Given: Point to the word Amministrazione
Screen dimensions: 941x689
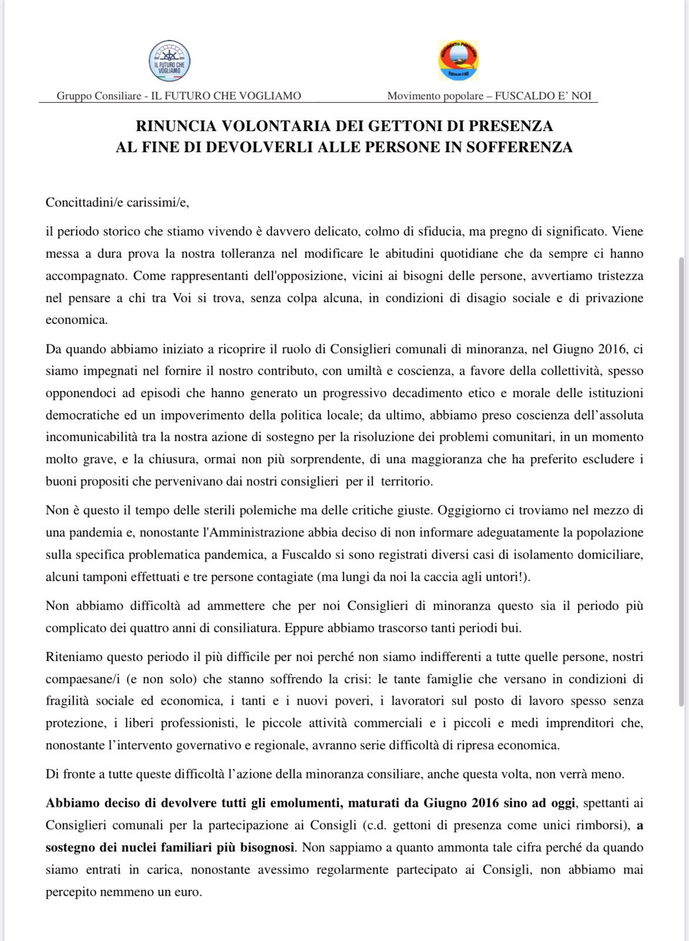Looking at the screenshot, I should pyautogui.click(x=253, y=532).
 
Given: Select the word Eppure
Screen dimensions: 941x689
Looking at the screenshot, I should pyautogui.click(x=302, y=628).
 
